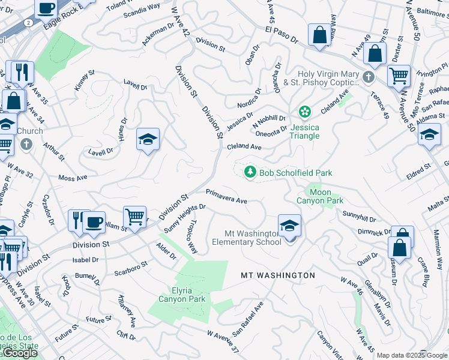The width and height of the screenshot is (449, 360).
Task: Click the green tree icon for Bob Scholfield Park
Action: point(251,173)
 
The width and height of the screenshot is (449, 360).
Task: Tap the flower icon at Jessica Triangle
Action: point(305,112)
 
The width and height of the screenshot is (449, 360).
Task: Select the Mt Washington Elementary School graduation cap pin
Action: point(289,226)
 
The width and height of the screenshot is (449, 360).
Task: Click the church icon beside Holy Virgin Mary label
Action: point(368,78)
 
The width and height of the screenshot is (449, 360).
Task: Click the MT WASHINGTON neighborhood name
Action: point(277,275)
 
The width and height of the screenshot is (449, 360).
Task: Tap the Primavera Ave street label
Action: point(226,196)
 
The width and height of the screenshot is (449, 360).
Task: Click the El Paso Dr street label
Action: point(280,35)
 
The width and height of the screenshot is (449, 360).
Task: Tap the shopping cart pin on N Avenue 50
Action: point(399,76)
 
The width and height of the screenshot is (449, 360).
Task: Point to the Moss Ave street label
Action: point(73,178)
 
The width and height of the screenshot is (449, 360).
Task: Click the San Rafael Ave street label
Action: point(248,318)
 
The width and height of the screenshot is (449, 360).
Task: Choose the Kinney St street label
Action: point(84,82)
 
